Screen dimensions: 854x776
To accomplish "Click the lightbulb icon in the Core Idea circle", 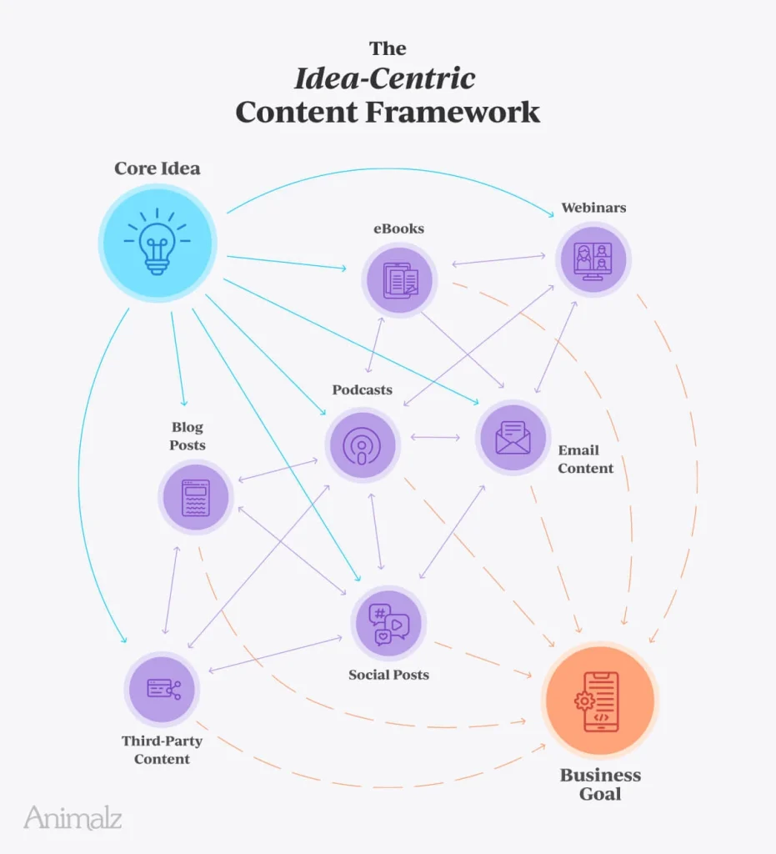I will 158,243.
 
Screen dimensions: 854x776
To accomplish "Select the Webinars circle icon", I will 593,258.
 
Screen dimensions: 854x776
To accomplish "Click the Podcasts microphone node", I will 362,445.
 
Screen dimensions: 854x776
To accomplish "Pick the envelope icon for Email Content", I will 513,437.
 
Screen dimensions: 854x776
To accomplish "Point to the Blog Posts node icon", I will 196,497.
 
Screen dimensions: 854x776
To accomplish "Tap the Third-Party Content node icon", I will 163,689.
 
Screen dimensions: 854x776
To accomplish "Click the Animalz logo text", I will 73,817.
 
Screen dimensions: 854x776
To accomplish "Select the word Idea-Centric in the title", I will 384,78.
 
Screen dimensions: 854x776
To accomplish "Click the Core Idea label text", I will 158,168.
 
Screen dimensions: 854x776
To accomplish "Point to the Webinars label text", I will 593,207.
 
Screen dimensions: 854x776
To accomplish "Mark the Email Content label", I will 585,460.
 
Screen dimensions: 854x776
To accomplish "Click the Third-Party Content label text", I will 162,749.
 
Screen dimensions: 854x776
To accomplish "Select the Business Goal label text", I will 600,784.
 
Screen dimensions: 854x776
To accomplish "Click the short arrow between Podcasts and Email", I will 435,437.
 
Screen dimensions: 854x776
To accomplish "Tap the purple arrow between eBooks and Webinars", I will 498,260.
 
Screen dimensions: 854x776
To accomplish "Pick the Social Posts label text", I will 388,674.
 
